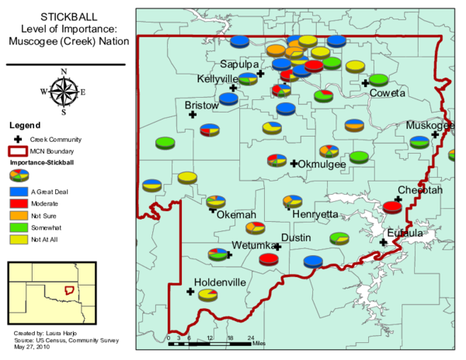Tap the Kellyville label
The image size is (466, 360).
coord(217,79)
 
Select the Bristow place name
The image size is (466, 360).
coord(201,105)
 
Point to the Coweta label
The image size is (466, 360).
coord(387,93)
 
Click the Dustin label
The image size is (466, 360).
coord(297,237)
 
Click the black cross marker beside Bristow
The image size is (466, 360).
coord(193,115)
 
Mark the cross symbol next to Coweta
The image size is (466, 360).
coord(365,82)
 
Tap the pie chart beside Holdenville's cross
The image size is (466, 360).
coord(207,294)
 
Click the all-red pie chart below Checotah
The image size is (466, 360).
coord(392,207)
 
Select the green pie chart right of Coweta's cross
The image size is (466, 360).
coord(378,79)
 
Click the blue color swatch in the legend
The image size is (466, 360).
coord(19,191)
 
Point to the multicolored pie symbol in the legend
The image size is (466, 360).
coord(19,174)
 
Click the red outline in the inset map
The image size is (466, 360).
coord(69,290)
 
